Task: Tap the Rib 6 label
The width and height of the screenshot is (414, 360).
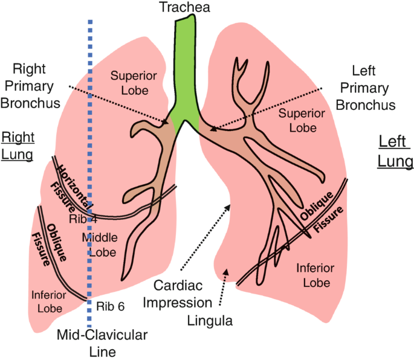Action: click(x=109, y=306)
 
